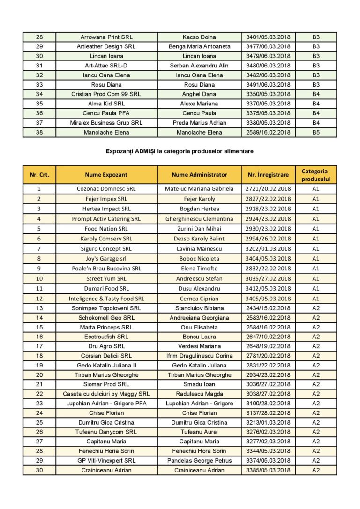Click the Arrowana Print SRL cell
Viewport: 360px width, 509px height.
click(106, 37)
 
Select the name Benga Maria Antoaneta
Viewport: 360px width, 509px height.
click(200, 46)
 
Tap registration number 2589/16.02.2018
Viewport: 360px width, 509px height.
click(268, 132)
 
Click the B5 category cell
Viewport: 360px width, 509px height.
click(316, 132)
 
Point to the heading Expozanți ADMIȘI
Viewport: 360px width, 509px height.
click(180, 151)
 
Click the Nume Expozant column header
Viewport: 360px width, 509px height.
click(106, 175)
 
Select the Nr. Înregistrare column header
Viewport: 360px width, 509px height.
click(268, 175)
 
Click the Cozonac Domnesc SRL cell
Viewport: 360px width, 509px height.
click(106, 189)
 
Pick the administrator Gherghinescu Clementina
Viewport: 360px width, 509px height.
click(200, 219)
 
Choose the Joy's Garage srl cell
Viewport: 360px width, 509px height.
click(106, 258)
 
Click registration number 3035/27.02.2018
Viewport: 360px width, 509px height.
click(268, 278)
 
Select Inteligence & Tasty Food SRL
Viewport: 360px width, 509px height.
click(106, 299)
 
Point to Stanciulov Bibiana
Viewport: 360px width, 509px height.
click(200, 308)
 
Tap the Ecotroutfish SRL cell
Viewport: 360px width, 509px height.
click(106, 337)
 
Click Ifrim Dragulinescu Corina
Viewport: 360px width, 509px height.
click(200, 356)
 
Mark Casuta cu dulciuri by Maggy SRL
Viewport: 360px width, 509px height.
click(106, 394)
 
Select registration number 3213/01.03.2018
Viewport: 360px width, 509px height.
click(268, 422)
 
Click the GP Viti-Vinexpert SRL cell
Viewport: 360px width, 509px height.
click(106, 460)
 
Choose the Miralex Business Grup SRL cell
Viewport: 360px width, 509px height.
click(106, 123)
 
